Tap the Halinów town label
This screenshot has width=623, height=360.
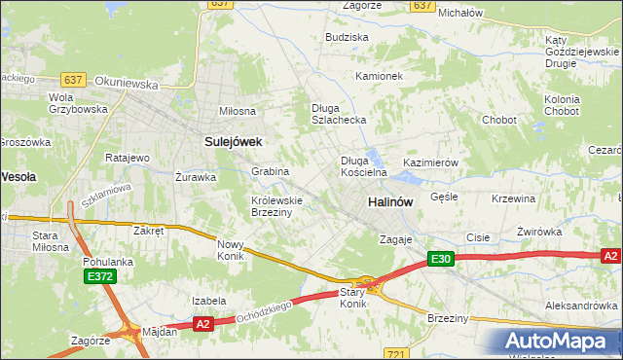point(390,201)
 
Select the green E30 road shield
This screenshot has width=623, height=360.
point(441,259)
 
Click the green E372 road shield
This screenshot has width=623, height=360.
point(98,277)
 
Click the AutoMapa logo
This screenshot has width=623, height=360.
point(561,342)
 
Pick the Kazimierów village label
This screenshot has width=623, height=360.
point(429,163)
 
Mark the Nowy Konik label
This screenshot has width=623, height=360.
point(230,250)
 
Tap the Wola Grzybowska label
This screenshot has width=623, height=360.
point(78,103)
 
